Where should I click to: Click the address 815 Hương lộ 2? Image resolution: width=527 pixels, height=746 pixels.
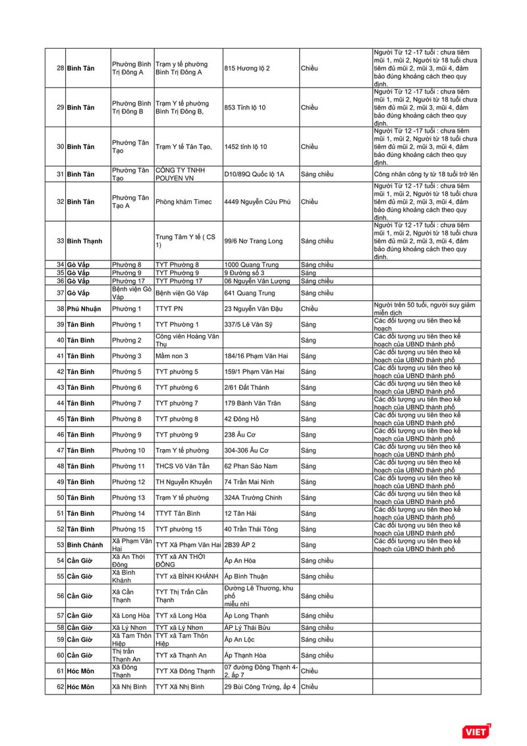click(247, 68)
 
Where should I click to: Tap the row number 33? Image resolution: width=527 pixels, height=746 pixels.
click(60, 241)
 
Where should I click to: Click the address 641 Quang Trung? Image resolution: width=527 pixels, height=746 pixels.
click(250, 293)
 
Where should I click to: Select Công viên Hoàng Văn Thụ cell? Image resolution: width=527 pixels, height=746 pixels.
click(184, 340)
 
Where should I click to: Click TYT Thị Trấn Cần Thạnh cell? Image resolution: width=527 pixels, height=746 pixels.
click(181, 596)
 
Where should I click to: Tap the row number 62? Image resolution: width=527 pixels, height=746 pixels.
click(60, 687)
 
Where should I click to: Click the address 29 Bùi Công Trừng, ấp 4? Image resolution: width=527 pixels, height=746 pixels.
click(260, 687)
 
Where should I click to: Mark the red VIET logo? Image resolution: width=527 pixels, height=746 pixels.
click(476, 731)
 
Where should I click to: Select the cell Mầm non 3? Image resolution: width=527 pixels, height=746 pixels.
click(172, 356)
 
